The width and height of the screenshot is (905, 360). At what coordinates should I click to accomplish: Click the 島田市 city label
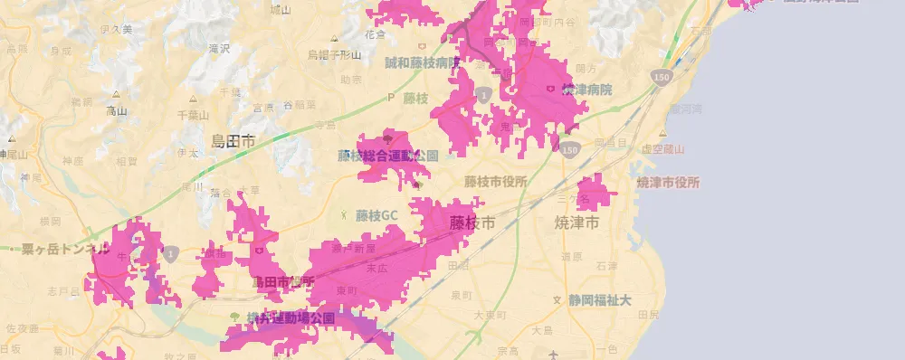pyautogui.click(x=233, y=140)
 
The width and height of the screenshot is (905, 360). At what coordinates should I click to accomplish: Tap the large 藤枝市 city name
pyautogui.click(x=472, y=222)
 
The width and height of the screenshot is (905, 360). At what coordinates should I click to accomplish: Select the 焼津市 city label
pyautogui.click(x=577, y=222)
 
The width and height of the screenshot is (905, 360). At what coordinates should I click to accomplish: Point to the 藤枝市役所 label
pyautogui.click(x=495, y=181)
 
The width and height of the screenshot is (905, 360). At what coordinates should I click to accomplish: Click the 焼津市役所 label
pyautogui.click(x=668, y=182)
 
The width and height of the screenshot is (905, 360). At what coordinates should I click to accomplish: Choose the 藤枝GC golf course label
pyautogui.click(x=376, y=216)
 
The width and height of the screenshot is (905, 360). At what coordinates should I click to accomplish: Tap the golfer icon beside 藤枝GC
pyautogui.click(x=344, y=215)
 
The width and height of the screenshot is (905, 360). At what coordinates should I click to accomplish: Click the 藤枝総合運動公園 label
pyautogui.click(x=387, y=156)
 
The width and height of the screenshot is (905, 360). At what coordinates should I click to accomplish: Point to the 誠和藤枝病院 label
pyautogui.click(x=423, y=63)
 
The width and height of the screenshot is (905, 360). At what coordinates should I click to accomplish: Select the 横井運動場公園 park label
pyautogui.click(x=290, y=317)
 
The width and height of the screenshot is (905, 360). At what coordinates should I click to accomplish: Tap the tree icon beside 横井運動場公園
pyautogui.click(x=235, y=317)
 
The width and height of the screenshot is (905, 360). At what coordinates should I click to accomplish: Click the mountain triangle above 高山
pyautogui.click(x=116, y=94)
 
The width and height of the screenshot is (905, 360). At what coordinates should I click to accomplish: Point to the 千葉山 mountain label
pyautogui.click(x=193, y=115)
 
